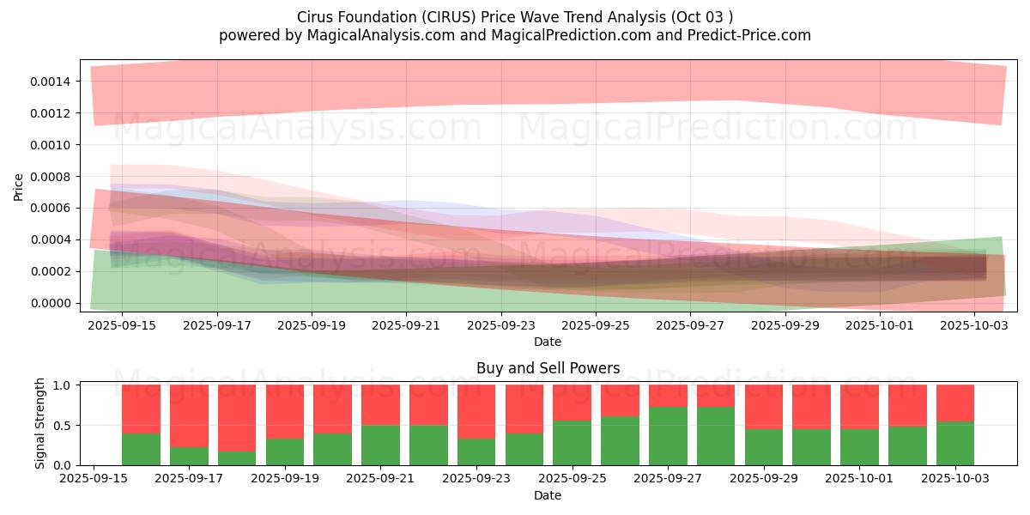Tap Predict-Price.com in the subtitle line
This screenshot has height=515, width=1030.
click(749, 35)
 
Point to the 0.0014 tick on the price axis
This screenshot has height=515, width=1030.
click(51, 82)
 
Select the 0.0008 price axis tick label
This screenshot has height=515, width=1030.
click(51, 177)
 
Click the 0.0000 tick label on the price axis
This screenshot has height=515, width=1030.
click(51, 304)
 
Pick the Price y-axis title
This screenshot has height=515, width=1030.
click(18, 187)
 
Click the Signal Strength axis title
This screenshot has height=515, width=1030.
click(40, 423)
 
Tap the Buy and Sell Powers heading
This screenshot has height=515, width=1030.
click(548, 368)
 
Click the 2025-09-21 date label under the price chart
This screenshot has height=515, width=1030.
click(406, 325)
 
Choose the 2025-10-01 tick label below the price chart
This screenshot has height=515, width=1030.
click(880, 325)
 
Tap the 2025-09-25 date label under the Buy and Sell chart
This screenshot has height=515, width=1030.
click(572, 479)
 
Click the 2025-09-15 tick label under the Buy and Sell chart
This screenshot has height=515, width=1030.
click(94, 479)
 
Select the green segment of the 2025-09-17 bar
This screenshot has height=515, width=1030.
click(189, 456)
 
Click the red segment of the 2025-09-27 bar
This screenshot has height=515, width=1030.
click(668, 396)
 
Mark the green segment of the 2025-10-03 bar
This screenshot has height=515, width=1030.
click(955, 444)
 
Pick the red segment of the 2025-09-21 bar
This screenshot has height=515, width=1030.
click(381, 404)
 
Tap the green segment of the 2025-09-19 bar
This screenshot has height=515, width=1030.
click(285, 452)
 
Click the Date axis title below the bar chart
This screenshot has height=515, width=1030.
click(548, 496)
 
